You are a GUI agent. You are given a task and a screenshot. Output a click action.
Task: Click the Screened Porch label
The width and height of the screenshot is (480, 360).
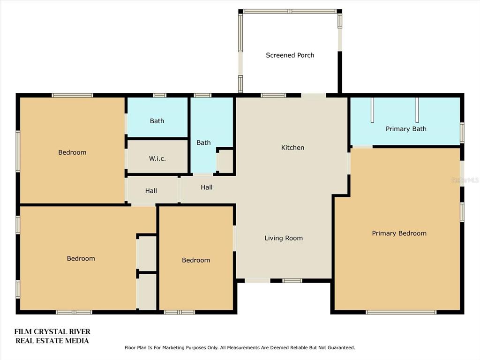point(290,55)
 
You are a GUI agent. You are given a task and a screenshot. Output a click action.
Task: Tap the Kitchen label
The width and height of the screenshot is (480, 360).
point(292,148)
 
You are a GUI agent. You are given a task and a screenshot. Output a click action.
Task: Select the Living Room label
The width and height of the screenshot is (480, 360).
point(284,238)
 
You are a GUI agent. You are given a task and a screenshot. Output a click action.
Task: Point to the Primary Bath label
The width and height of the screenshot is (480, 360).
point(406,129)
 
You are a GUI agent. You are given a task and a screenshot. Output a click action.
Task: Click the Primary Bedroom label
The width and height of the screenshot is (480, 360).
point(399,233)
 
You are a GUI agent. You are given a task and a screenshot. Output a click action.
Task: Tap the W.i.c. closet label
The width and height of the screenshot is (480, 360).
point(157,158)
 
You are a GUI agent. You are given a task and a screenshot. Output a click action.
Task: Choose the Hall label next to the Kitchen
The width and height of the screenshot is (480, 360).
point(207,187)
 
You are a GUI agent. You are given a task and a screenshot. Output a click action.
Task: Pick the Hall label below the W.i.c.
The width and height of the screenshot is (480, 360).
point(151,191)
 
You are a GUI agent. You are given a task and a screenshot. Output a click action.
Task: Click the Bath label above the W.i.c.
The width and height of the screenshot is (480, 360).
point(157,121)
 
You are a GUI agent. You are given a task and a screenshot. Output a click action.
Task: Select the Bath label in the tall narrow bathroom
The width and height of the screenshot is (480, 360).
point(203,142)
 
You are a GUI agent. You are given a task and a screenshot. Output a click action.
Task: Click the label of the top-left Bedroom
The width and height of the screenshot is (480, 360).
point(72,152)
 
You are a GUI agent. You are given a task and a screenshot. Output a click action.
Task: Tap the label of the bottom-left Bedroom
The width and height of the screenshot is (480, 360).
point(81,259)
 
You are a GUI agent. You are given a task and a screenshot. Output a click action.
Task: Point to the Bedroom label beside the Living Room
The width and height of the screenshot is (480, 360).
point(196,260)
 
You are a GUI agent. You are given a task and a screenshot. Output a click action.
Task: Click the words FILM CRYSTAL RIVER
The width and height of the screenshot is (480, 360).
point(52,331)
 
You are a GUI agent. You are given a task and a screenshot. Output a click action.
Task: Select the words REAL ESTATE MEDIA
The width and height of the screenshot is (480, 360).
point(52,341)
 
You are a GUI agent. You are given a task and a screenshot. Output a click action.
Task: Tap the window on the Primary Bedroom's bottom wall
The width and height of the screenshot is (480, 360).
point(401,312)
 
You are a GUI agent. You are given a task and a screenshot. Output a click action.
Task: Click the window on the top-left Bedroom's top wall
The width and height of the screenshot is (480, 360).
point(72,95)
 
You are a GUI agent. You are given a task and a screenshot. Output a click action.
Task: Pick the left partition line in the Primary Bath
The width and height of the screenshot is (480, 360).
point(372,110)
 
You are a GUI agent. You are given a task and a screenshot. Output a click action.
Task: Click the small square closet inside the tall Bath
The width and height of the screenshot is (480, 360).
point(225,161)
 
